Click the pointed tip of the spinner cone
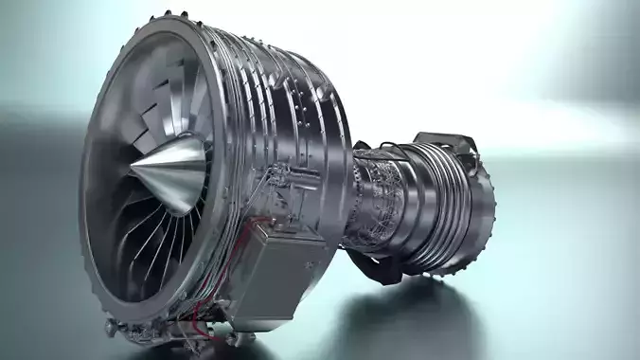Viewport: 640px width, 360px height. click(132, 175)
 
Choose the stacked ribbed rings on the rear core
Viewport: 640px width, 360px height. click(431, 204)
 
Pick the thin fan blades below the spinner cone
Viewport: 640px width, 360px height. click(161, 237)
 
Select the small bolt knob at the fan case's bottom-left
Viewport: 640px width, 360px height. click(112, 327)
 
